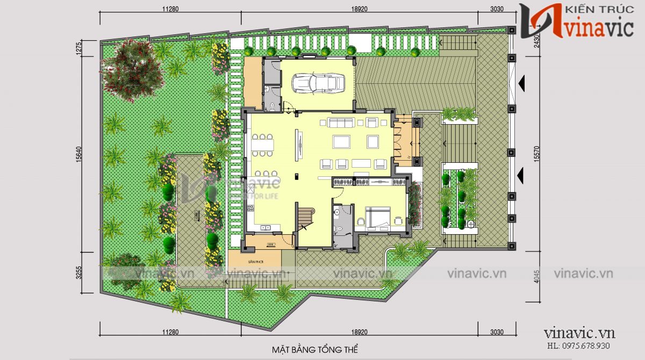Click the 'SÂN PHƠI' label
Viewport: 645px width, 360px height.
254,259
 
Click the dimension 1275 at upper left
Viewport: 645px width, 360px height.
79,48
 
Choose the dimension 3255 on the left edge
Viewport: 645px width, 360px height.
79,273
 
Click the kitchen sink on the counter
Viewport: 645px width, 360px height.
266,228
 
